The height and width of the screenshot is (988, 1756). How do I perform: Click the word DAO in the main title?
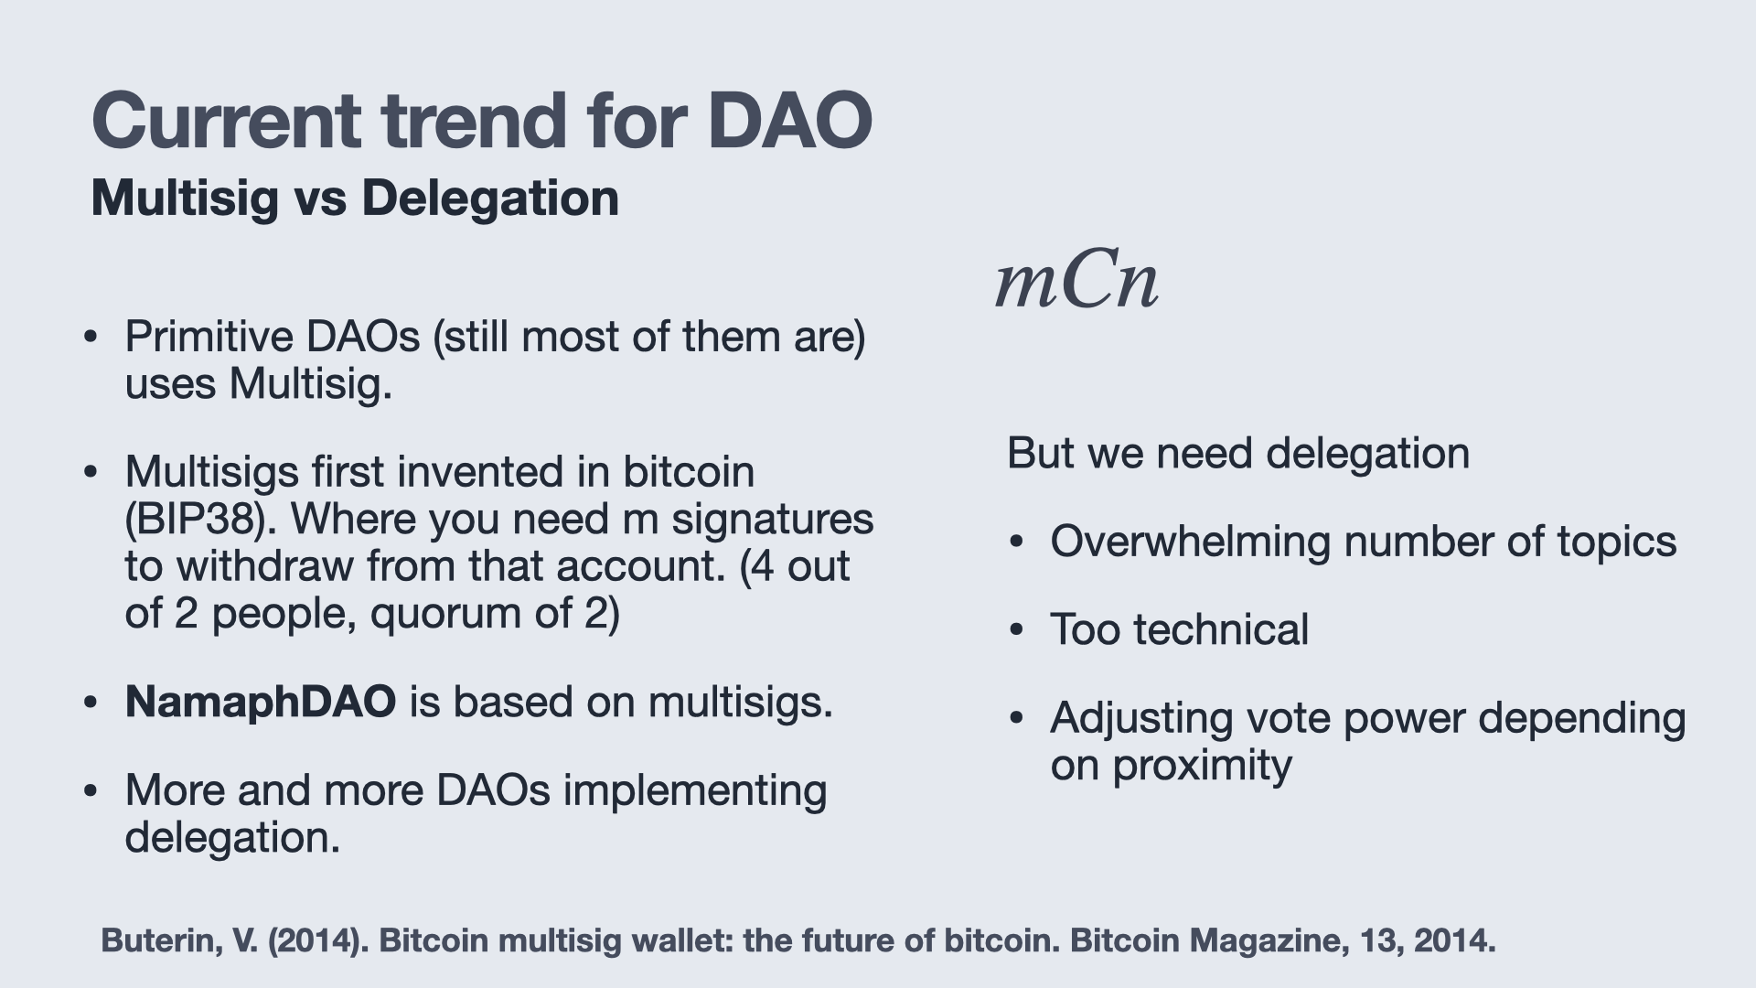(x=790, y=122)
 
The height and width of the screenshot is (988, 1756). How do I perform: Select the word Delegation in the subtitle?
(x=490, y=199)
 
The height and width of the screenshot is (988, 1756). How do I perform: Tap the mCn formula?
(x=1076, y=282)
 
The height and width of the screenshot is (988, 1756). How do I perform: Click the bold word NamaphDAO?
(x=261, y=703)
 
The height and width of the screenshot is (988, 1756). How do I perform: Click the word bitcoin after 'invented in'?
(x=689, y=472)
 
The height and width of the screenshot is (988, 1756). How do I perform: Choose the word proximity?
(x=1202, y=766)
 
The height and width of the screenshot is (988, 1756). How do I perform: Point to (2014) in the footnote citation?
(x=316, y=940)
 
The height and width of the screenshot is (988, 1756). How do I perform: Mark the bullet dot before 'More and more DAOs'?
(x=90, y=791)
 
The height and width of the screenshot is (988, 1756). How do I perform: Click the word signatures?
(x=773, y=521)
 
